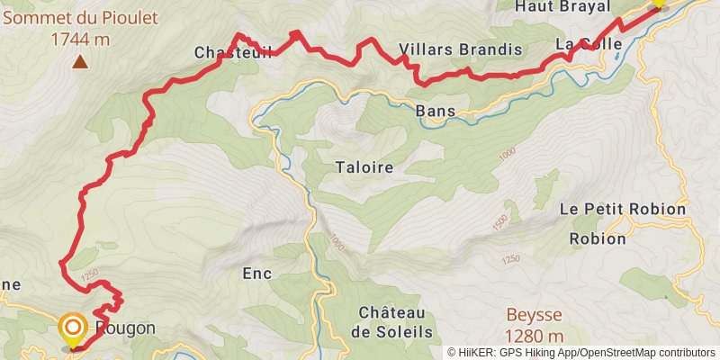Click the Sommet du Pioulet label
(79, 18)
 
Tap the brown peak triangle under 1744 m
(81, 62)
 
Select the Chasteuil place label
(220, 53)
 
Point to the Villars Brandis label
(460, 49)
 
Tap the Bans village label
(436, 112)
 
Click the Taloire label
(364, 166)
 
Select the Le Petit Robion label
(622, 209)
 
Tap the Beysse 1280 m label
(534, 326)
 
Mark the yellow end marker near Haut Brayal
(658, 3)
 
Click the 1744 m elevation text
(79, 39)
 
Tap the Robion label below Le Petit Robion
(598, 239)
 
